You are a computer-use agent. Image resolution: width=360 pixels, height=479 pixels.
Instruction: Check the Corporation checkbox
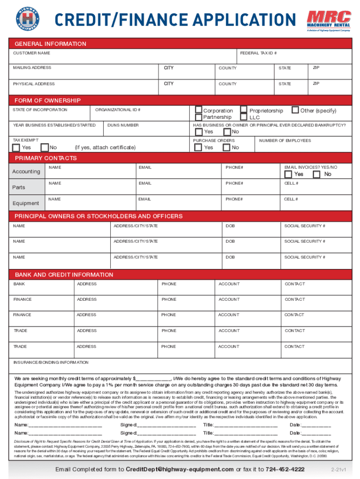199,110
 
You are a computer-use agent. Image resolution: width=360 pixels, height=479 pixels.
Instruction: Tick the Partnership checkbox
199,117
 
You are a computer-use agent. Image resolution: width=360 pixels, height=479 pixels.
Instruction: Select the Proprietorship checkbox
244,110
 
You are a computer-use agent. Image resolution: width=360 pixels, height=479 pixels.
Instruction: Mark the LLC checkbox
244,117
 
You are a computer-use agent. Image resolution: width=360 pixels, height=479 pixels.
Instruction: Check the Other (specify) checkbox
295,110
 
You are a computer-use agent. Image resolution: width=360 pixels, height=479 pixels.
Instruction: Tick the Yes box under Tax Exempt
16,147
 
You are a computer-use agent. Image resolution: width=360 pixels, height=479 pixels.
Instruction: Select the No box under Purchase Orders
226,147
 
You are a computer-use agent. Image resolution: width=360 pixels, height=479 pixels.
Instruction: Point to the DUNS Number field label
123,125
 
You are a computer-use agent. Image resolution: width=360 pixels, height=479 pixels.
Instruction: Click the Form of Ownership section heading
48,101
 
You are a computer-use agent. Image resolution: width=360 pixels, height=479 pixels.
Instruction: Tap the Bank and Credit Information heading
64,275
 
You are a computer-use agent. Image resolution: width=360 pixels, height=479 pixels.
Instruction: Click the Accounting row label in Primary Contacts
26,172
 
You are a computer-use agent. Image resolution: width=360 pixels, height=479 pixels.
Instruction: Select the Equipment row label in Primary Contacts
26,203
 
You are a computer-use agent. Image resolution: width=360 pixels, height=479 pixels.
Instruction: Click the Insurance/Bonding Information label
50,363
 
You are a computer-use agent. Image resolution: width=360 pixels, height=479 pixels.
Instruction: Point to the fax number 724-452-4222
285,469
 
